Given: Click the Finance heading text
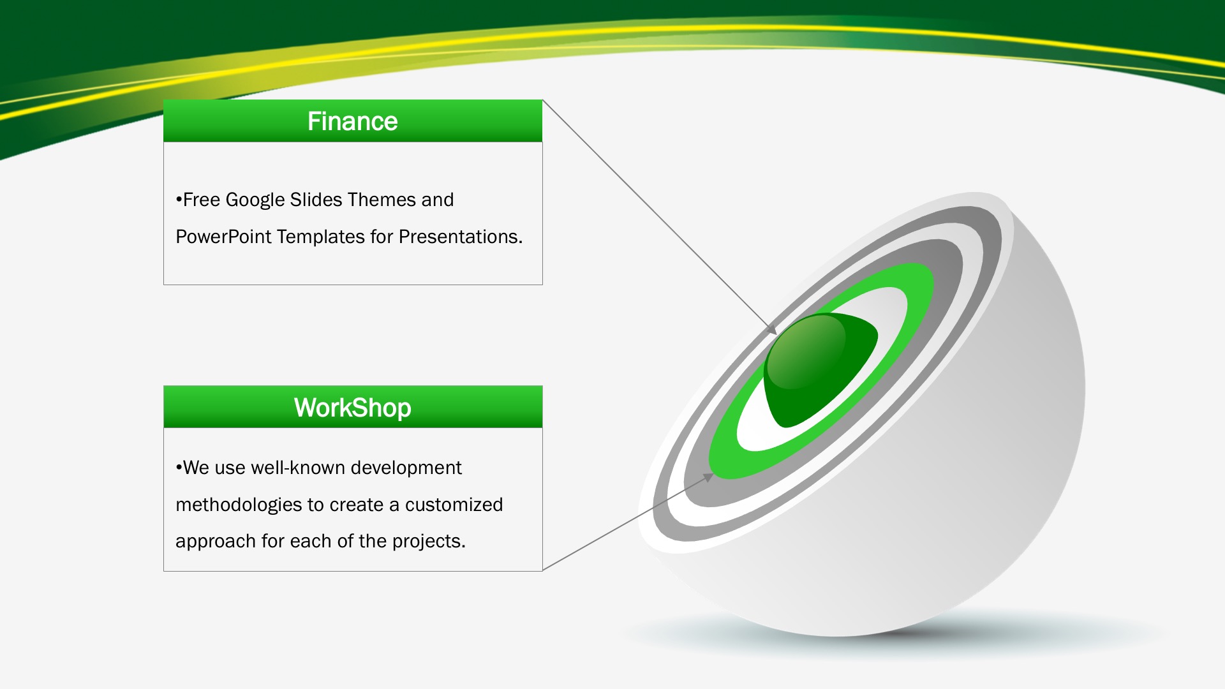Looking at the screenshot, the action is click(352, 121).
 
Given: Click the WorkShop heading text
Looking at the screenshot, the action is click(352, 408).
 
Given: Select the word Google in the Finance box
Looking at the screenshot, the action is click(255, 200).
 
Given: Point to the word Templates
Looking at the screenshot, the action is click(321, 237).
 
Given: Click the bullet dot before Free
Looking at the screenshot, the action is click(179, 200).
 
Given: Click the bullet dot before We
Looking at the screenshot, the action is click(179, 468).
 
